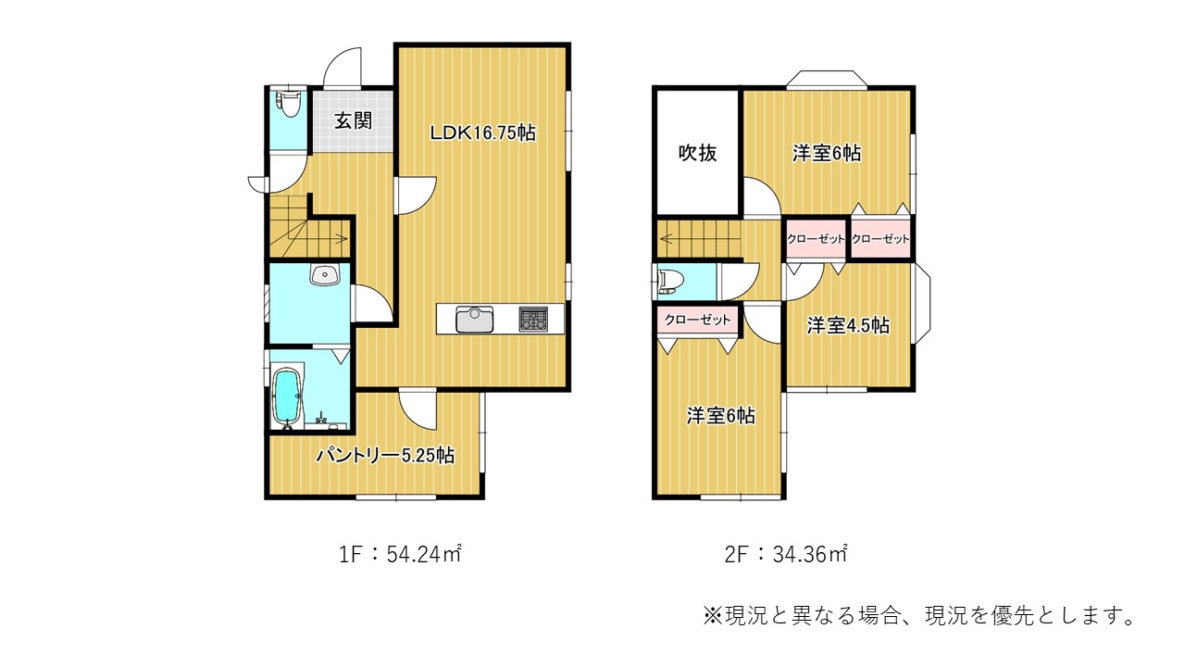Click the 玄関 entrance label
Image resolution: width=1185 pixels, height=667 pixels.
(x=353, y=121)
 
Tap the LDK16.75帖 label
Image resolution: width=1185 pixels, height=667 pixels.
(x=482, y=132)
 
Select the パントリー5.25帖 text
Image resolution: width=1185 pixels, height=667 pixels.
(x=385, y=455)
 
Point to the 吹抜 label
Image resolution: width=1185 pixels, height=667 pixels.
(x=697, y=153)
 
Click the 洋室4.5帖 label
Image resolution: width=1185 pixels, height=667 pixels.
(x=848, y=325)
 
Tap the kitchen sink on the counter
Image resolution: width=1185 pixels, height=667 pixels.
(x=475, y=320)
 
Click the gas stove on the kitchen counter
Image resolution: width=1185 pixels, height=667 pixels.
(x=533, y=320)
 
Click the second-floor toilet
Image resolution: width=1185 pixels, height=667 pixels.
(x=669, y=282)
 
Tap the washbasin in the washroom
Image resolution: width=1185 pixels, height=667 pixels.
(x=325, y=275)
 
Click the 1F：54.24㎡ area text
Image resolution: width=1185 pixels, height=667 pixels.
(x=400, y=554)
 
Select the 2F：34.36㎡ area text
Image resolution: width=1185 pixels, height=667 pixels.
(x=786, y=554)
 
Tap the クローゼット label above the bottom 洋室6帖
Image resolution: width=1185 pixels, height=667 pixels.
(x=697, y=320)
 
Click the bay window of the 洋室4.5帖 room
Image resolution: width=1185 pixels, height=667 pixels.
(x=922, y=303)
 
